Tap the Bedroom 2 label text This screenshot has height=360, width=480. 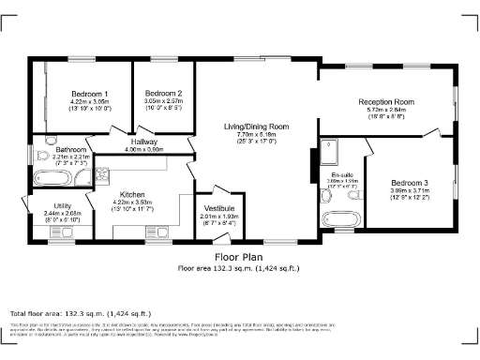163,94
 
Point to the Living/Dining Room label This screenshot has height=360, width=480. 256,127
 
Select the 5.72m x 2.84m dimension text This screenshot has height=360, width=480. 385,110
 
